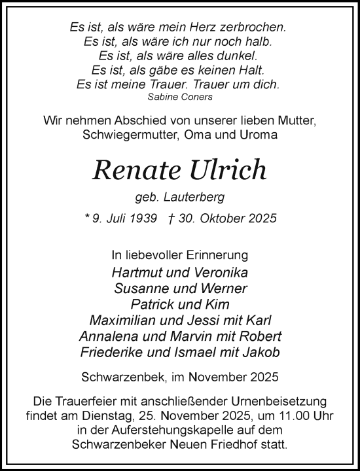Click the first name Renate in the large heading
click(x=134, y=170)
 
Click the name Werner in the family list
click(x=226, y=288)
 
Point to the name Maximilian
click(x=129, y=321)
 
